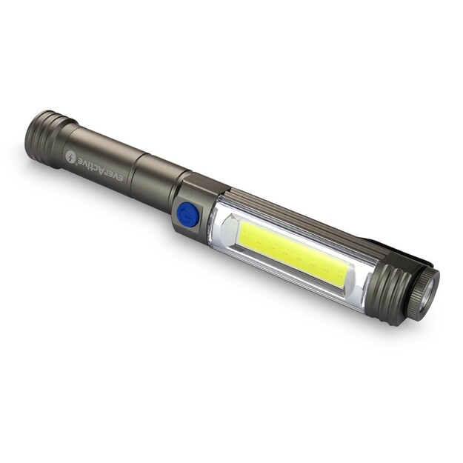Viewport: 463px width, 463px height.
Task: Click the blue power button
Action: (187, 216)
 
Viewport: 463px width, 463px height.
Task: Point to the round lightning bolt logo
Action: (71, 158)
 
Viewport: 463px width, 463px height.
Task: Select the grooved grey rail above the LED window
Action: (296, 219)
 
